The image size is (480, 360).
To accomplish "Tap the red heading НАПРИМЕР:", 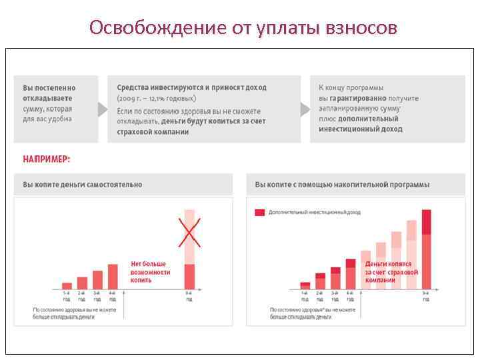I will [46, 159].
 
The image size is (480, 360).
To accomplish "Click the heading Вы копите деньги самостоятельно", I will [82, 185].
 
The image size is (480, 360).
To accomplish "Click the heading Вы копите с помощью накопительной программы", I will [342, 185].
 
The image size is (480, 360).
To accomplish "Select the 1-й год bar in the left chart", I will [67, 286].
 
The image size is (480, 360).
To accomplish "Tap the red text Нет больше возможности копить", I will [150, 272].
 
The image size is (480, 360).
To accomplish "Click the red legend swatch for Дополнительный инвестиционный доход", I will [260, 213].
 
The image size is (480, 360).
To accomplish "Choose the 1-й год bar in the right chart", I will [305, 286].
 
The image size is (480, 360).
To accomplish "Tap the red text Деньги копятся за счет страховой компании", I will [391, 272].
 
